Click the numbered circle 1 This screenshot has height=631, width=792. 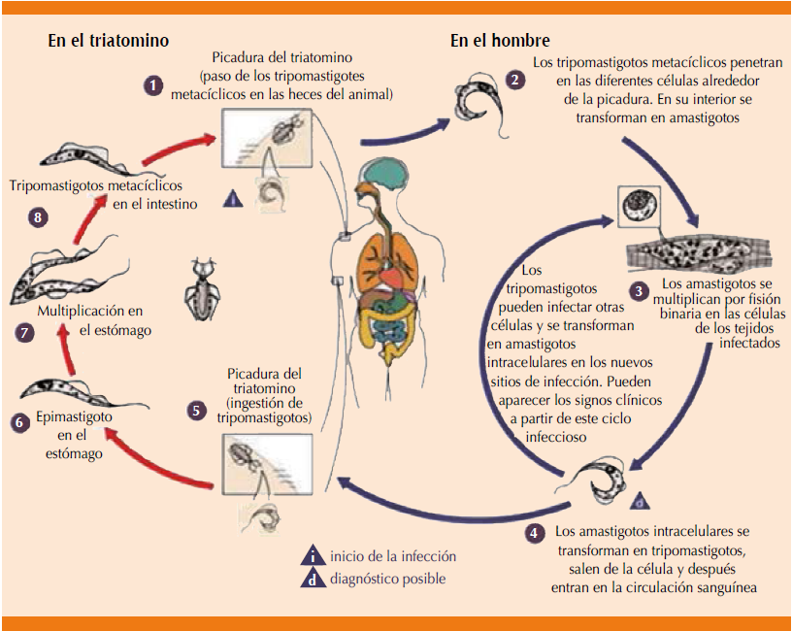[152, 86]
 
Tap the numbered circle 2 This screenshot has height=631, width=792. [511, 79]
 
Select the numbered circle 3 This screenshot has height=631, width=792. [638, 290]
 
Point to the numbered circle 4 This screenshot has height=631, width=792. [535, 532]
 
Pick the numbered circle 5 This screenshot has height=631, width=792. [197, 411]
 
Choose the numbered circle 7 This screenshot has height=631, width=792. [25, 331]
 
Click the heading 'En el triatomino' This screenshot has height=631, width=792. [109, 41]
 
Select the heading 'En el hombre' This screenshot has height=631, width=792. [500, 41]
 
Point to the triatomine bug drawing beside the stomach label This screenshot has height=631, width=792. [204, 286]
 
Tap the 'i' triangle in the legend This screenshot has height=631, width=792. [313, 556]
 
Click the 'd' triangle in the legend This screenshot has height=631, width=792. [313, 579]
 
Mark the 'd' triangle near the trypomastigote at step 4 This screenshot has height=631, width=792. [642, 501]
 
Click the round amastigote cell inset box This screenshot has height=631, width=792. [638, 207]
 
